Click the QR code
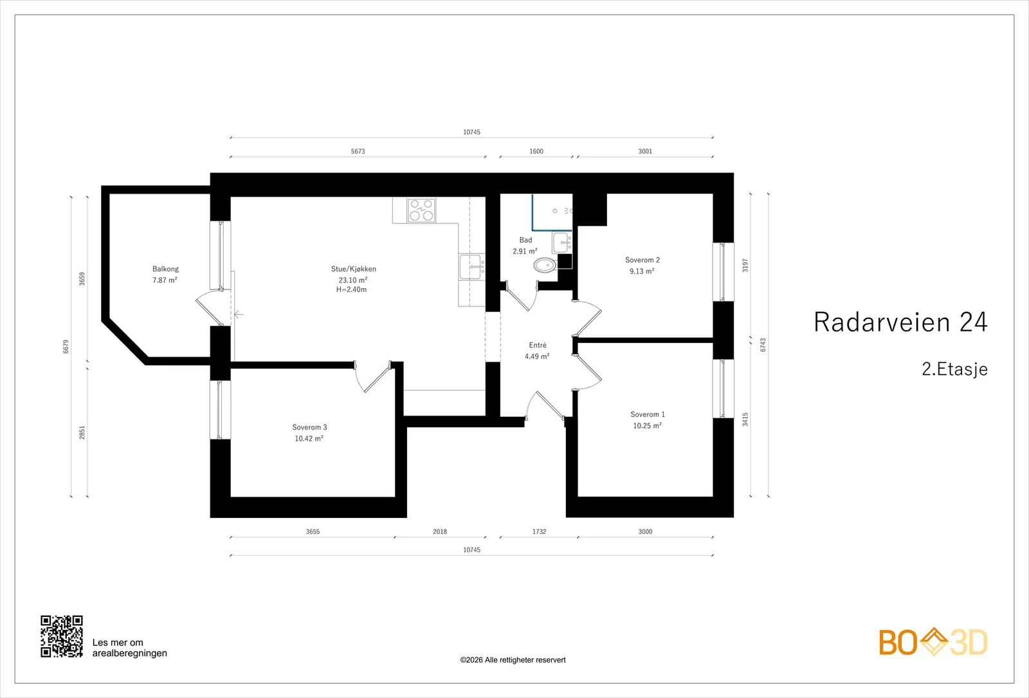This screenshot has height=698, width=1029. pos(62,636)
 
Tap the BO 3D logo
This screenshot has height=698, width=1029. pos(933,642)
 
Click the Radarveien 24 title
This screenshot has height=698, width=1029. pos(900,322)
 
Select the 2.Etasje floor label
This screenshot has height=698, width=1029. pos(954,369)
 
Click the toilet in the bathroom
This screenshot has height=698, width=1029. pos(545,264)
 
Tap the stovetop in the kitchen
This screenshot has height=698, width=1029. pos(421,210)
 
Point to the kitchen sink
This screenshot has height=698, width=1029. pos(471,266)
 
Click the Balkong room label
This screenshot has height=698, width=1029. pos(165,269)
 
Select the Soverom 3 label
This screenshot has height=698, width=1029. pos(309,427)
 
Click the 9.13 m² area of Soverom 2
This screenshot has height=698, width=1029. pos(642,271)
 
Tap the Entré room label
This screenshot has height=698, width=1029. pos(538,345)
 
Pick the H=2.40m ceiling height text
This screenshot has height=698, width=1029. pos(351,289)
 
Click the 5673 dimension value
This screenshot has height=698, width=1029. pos(358,151)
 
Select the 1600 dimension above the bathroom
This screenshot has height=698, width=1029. pos(536,151)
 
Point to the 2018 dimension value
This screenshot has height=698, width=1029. pos(440,531)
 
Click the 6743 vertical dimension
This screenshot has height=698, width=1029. pos(763,345)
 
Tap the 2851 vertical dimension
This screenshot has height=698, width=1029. pos(82,432)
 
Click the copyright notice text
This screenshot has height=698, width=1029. pos(513,660)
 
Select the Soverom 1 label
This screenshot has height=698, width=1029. pos(648,414)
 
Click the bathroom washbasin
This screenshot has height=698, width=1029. pos(562,243)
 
